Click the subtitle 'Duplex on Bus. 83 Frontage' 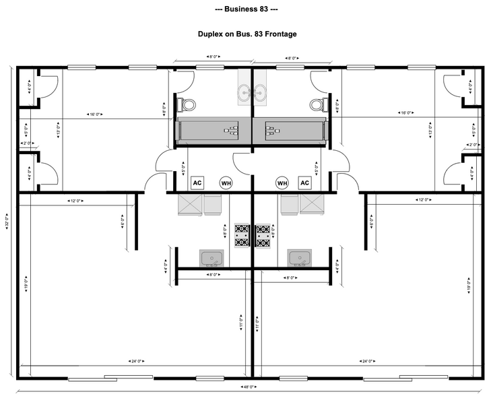coord(247,34)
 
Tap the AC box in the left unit coord(198,183)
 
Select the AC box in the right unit coord(304,183)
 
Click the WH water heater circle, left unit coord(226,183)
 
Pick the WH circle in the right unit coord(282,183)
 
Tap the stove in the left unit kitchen coord(242,236)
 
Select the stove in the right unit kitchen coord(263,236)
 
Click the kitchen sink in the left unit coord(212,258)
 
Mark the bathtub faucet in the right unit coord(271,129)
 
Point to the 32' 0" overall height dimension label coord(7,222)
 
